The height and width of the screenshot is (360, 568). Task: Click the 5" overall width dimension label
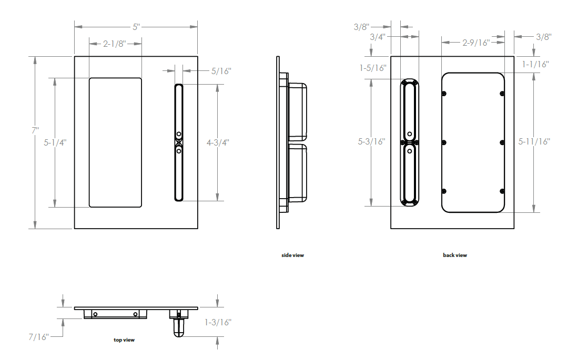click(x=136, y=26)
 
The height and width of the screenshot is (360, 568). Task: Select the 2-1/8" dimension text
click(x=114, y=44)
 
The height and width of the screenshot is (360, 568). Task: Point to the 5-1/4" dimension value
click(x=55, y=142)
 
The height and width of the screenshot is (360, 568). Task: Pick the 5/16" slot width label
click(x=221, y=70)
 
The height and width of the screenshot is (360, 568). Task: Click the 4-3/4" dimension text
click(x=218, y=142)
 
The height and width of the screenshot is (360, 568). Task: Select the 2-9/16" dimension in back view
click(x=476, y=43)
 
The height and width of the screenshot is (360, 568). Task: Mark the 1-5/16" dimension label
click(x=373, y=68)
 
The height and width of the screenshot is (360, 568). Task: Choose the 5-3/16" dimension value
click(x=372, y=141)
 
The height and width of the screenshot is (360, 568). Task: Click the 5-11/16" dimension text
click(x=534, y=141)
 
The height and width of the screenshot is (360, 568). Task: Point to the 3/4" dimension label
click(x=378, y=37)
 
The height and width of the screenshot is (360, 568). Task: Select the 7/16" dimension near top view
click(x=39, y=336)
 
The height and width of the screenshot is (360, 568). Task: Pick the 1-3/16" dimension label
click(x=218, y=322)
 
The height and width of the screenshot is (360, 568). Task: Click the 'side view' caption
click(x=292, y=255)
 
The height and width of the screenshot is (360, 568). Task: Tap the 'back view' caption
click(x=455, y=255)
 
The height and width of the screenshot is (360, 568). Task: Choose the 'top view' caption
click(x=124, y=340)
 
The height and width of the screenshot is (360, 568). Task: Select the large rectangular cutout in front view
click(x=115, y=142)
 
